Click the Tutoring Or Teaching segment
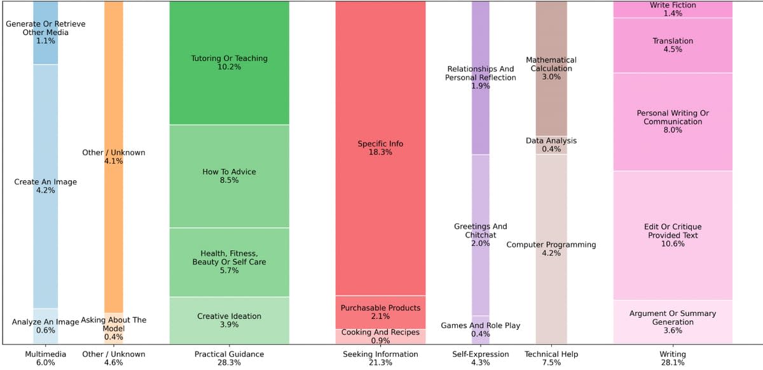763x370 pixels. tap(230, 63)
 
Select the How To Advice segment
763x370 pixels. tap(230, 176)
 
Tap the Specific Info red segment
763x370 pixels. tap(380, 148)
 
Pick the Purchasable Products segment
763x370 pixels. tap(380, 313)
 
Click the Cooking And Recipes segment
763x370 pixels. tap(380, 337)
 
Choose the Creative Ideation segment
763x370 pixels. tap(230, 320)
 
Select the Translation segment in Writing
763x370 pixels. tap(673, 45)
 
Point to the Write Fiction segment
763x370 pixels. tap(673, 10)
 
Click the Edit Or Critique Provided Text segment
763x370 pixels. tap(673, 235)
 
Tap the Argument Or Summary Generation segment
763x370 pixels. tap(673, 322)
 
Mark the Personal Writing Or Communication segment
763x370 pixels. tap(673, 122)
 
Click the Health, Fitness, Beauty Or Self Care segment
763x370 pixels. tap(230, 262)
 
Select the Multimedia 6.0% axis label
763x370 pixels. tap(45, 358)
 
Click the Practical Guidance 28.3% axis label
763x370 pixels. tap(230, 358)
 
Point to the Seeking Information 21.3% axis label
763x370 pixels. tap(380, 358)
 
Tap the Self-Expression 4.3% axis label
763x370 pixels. tap(481, 358)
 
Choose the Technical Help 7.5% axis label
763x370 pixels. tap(551, 358)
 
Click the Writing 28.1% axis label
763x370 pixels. tap(673, 358)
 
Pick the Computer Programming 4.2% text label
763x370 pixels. tap(551, 249)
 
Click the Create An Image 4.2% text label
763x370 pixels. tap(45, 186)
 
